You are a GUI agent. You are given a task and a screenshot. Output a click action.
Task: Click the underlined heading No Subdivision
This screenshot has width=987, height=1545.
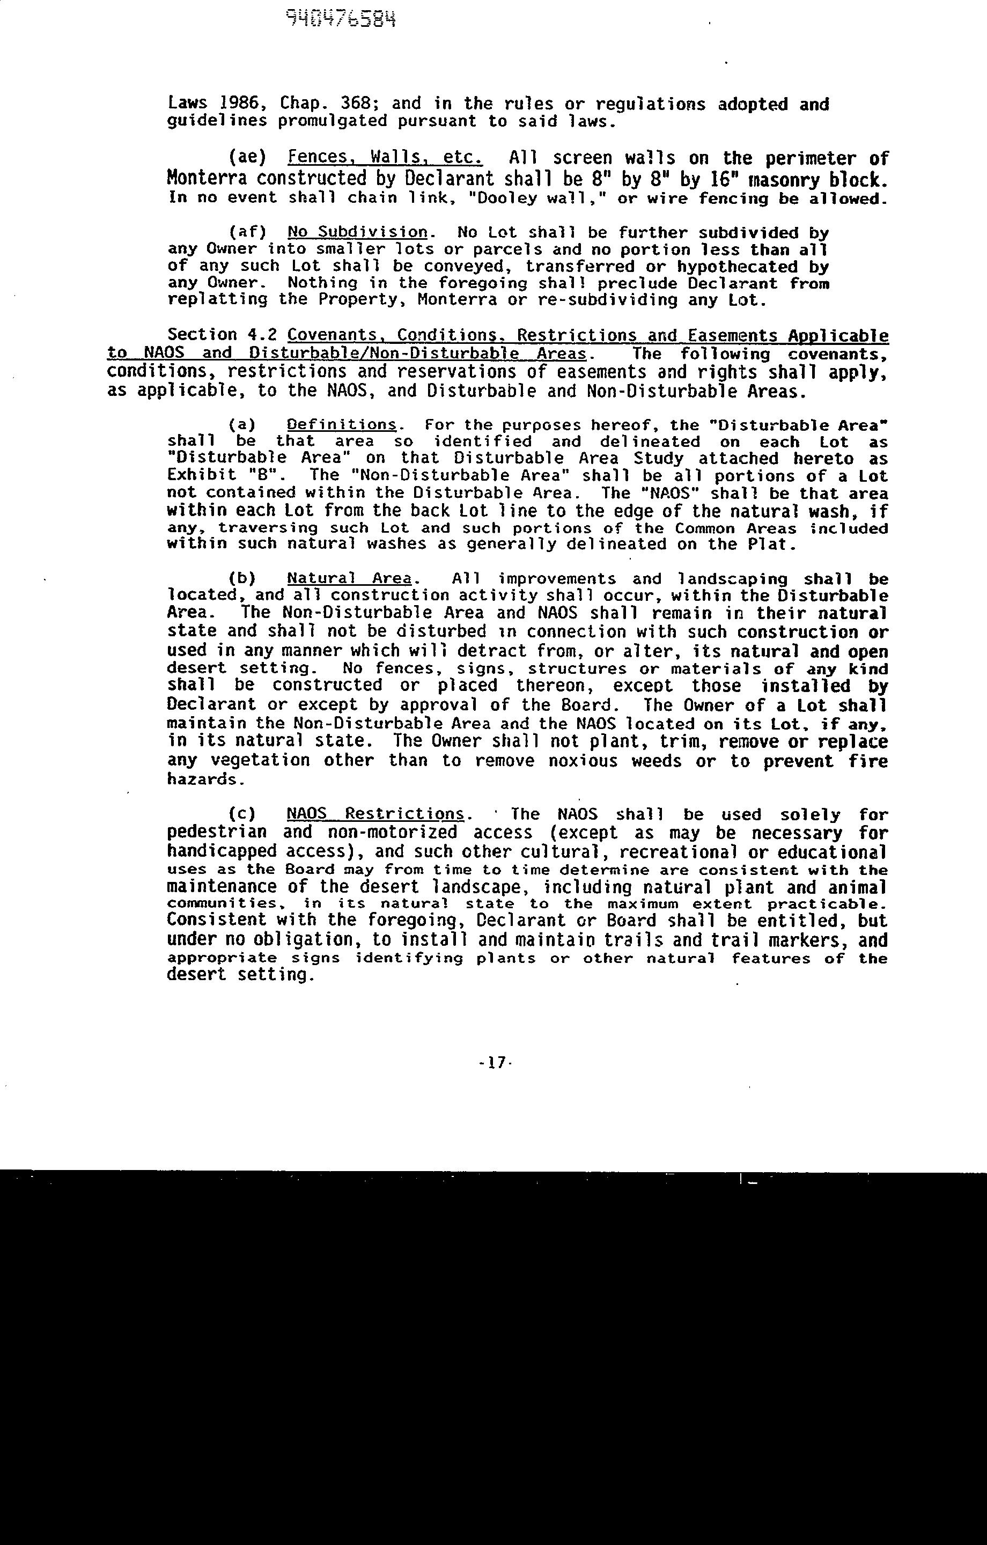[357, 232]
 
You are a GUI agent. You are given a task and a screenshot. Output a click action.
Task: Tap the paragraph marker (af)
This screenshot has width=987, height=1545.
[248, 232]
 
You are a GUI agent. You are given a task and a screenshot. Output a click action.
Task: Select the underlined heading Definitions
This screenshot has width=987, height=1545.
[342, 425]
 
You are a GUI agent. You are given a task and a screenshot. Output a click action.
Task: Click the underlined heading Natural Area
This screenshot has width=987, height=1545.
[349, 578]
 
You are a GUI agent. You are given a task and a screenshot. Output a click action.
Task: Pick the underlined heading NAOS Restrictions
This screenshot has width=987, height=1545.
[375, 814]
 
